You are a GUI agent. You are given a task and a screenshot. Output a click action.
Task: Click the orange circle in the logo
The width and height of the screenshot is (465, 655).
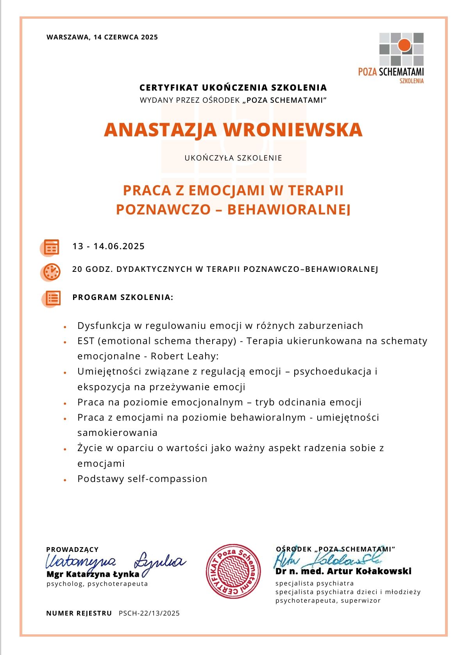tap(404, 45)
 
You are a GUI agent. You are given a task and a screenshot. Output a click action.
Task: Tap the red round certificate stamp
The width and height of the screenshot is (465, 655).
tap(233, 571)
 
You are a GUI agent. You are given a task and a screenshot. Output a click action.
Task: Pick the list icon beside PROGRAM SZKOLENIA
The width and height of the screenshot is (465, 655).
tap(52, 298)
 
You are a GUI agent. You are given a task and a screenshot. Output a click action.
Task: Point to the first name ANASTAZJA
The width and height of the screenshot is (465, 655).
tap(160, 130)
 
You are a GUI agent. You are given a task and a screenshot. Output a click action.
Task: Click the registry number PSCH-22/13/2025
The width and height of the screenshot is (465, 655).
tap(149, 613)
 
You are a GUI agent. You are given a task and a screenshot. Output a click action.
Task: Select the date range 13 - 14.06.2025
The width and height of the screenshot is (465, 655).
tap(109, 246)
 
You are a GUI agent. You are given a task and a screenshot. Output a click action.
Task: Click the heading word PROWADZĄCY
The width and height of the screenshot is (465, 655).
tap(72, 550)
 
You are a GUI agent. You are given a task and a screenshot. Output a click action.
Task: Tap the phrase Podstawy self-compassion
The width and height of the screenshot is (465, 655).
tap(142, 479)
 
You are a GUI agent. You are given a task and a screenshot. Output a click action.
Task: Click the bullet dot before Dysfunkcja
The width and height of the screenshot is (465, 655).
tap(65, 327)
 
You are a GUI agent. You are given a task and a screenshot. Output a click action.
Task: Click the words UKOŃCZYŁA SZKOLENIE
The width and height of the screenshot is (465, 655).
tap(233, 158)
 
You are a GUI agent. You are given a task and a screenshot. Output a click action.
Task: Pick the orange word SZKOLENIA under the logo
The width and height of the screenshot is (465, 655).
tap(411, 81)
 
